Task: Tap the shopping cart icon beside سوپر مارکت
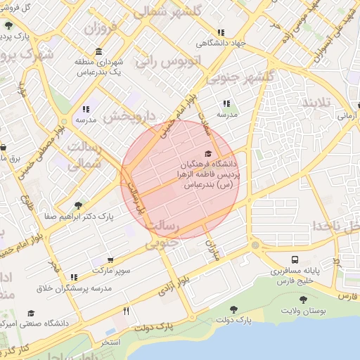109,259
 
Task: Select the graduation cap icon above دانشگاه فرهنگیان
207,153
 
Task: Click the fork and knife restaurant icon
127,310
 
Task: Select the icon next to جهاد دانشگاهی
221,32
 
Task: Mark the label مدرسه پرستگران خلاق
75,288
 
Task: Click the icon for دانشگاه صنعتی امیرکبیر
30,313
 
